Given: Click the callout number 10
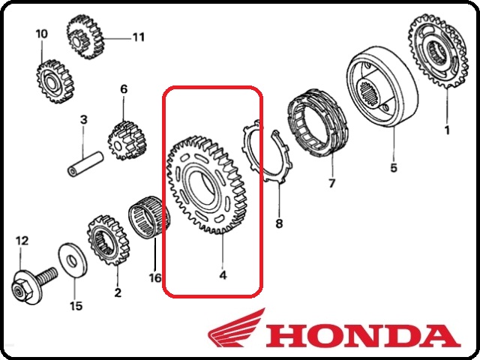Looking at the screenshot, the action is click(42, 34).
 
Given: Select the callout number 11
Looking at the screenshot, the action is click(138, 37).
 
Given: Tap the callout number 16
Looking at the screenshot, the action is click(155, 277).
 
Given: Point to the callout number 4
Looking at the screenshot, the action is click(223, 275).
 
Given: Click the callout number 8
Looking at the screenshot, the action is click(279, 223).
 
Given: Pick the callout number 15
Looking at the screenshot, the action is click(76, 305).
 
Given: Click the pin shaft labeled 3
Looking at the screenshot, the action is click(85, 163).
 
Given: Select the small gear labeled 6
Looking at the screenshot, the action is click(126, 140).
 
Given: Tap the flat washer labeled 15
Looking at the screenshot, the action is click(72, 260).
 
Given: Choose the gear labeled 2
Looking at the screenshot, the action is click(109, 240).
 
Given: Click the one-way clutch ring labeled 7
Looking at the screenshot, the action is click(317, 123).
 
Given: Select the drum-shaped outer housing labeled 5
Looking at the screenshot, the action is click(382, 87).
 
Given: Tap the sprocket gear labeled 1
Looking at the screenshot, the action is click(438, 51).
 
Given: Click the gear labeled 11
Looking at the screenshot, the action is click(85, 37).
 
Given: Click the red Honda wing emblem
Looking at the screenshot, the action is click(236, 328).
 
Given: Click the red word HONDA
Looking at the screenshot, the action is click(364, 337).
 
